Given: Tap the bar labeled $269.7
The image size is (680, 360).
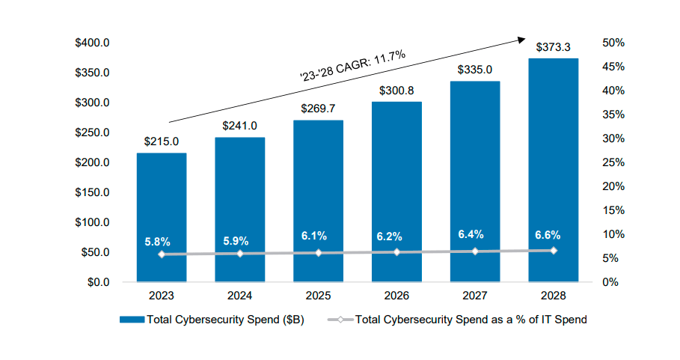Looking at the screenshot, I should pyautogui.click(x=318, y=180).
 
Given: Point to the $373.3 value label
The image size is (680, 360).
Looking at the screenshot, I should pyautogui.click(x=553, y=47).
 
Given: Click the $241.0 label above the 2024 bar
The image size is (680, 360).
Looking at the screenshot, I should pyautogui.click(x=239, y=126).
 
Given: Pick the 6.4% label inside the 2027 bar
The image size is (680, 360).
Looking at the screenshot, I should pyautogui.click(x=474, y=234).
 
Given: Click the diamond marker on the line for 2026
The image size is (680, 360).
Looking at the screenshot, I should pyautogui.click(x=396, y=252).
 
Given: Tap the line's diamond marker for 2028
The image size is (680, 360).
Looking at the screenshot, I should pyautogui.click(x=554, y=250).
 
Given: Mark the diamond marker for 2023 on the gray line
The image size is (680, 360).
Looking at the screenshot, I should pyautogui.click(x=161, y=254).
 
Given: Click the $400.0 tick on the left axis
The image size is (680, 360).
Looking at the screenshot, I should pyautogui.click(x=93, y=43).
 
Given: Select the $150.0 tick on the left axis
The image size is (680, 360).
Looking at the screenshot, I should pyautogui.click(x=93, y=192).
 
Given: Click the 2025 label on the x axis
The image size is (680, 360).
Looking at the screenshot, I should pyautogui.click(x=318, y=296).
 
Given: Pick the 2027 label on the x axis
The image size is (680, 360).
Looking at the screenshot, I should pyautogui.click(x=474, y=296).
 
